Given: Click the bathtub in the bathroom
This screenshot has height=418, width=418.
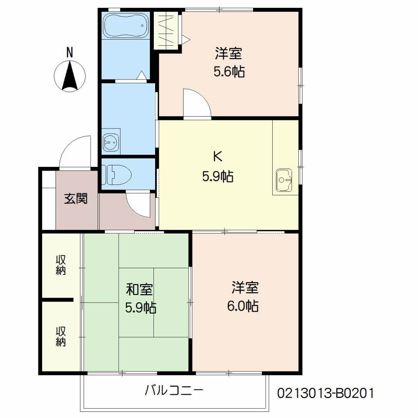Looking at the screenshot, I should pos(125,26).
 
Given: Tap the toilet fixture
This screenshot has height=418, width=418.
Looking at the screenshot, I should pos(116,174).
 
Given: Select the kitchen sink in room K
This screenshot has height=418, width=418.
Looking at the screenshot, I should pos(284,179).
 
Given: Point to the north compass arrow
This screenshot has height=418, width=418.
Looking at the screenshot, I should pos(70,76).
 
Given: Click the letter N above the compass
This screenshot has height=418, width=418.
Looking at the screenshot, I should pos(70,53).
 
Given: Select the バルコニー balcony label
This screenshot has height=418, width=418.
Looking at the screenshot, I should pos(174,391).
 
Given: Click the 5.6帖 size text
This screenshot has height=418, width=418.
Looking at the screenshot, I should pos(229,72).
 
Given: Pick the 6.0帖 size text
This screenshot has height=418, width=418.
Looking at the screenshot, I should pos(243,306).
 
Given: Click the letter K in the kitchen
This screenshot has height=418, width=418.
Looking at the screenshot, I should pos(218,156).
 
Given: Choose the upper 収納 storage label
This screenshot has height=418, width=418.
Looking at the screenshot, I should pos(61,265).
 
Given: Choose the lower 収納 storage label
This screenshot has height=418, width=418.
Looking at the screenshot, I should pos(61,336).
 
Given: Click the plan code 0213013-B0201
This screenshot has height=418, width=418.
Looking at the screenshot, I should pos(325,394).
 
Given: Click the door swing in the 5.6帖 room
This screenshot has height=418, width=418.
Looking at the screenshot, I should pos(196,104).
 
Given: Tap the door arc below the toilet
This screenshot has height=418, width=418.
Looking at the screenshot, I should pos(139,204).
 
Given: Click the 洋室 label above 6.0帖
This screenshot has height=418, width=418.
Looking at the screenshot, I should pos(245,288).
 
